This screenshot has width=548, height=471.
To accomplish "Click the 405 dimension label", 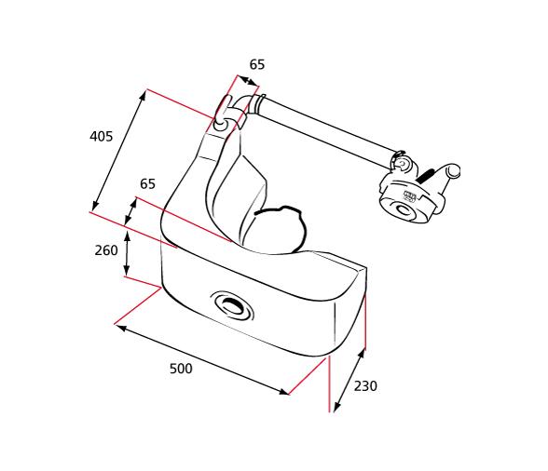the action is pyautogui.click(x=101, y=136).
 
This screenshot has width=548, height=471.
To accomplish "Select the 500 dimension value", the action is pyautogui.click(x=181, y=369).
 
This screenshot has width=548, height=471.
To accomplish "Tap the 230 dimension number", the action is pyautogui.click(x=365, y=386).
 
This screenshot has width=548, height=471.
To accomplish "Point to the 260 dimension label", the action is pyautogui.click(x=106, y=250).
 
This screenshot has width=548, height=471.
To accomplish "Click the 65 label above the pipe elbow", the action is pyautogui.click(x=257, y=64).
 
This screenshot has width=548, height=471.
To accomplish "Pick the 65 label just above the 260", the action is pyautogui.click(x=147, y=184).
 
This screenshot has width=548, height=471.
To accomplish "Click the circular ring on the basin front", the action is pyautogui.click(x=231, y=304).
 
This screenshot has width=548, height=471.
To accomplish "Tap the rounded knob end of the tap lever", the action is pyautogui.click(x=454, y=171).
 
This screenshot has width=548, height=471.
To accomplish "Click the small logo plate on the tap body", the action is pyautogui.click(x=409, y=196).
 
